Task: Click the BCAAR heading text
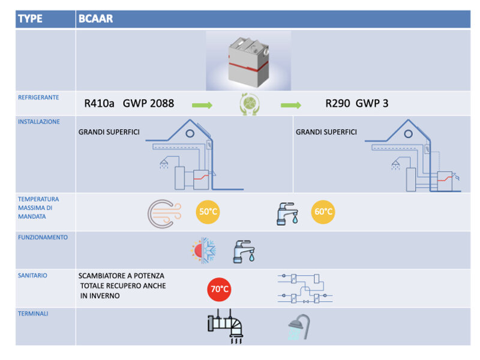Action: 95,19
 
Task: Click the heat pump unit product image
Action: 248,61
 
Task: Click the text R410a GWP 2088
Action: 129,103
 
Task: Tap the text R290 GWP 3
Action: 356,103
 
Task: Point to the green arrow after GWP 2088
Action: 202,105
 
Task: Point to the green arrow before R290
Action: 291,105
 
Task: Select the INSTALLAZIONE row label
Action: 39,122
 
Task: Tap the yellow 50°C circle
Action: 208,212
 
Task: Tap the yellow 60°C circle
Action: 323,212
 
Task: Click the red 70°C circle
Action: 219,289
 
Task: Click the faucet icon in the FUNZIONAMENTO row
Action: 244,251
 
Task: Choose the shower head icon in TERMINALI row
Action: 298,328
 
